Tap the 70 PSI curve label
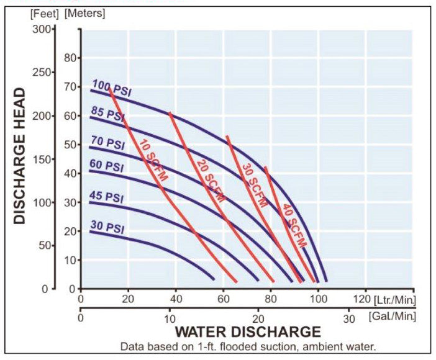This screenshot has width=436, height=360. (107, 143)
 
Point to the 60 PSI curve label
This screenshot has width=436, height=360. (107, 166)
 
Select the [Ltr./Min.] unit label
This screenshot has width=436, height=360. (394, 300)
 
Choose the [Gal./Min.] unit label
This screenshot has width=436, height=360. (392, 317)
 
